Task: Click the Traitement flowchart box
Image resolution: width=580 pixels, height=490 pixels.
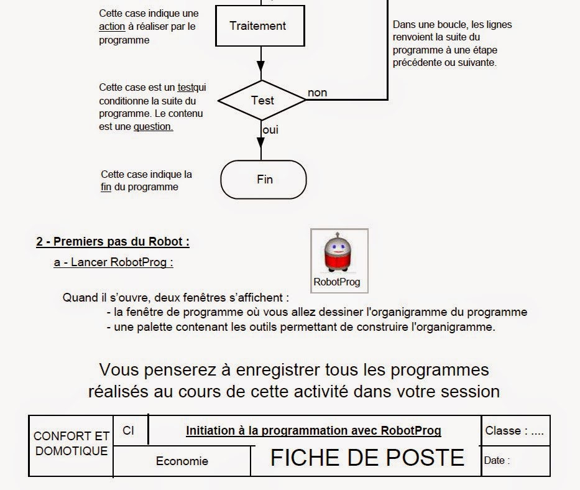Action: pos(258,26)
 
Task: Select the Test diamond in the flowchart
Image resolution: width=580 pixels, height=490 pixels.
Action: pos(262,100)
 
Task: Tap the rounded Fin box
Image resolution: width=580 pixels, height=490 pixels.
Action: pos(264,180)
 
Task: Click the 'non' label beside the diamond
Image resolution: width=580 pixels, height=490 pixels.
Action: pos(317,93)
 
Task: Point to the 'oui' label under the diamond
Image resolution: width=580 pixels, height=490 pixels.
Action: pos(270,130)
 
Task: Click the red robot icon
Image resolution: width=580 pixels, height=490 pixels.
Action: pos(339,253)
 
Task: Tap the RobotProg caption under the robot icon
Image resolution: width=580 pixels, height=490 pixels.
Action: pos(337,282)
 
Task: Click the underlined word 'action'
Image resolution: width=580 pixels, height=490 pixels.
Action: pos(112,26)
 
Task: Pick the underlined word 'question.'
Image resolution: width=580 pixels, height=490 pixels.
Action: pos(153,126)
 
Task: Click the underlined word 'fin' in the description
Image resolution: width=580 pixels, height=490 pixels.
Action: pos(106,187)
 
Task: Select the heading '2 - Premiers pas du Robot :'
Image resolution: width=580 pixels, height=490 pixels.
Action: pos(113,241)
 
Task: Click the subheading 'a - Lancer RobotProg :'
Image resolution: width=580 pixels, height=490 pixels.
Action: pos(113,262)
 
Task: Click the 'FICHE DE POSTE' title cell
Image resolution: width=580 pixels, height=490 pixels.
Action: pos(367,458)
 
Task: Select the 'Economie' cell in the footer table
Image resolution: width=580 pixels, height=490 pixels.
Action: pos(182,461)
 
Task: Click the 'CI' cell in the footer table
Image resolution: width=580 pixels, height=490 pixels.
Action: pos(129,430)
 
